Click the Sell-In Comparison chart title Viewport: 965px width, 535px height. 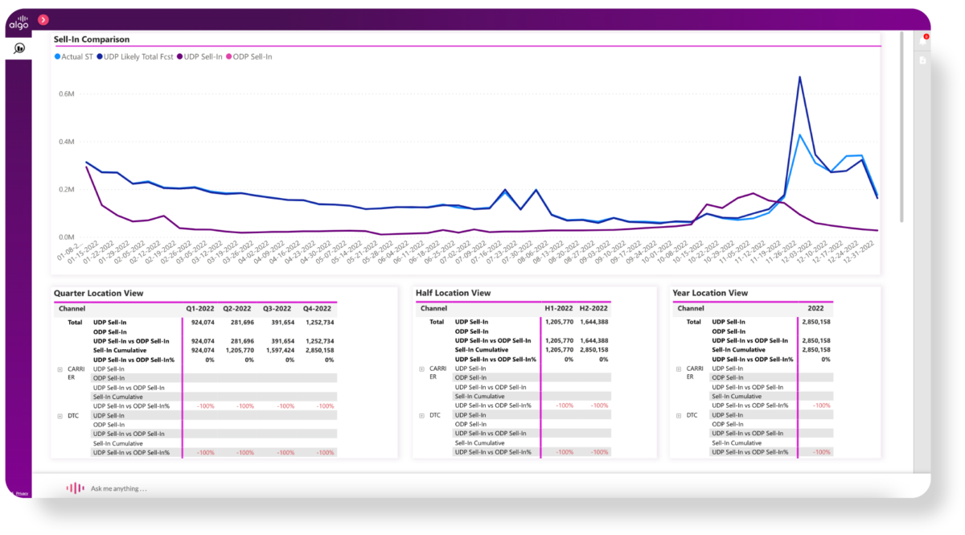tap(92, 39)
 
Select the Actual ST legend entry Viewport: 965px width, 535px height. tap(76, 57)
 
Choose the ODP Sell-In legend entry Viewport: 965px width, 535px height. tap(252, 57)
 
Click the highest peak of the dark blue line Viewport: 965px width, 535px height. tap(799, 78)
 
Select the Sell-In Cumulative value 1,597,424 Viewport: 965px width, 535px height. tap(279, 350)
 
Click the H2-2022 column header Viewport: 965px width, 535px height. tap(593, 308)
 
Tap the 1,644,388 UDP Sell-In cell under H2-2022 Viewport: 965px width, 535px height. tap(593, 322)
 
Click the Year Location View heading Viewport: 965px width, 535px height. tap(710, 293)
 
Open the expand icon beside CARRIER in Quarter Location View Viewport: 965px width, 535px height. tap(60, 369)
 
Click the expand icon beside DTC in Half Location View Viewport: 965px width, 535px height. tap(421, 416)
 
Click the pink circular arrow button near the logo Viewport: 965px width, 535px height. tap(43, 19)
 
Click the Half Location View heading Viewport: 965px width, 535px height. tap(453, 293)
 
